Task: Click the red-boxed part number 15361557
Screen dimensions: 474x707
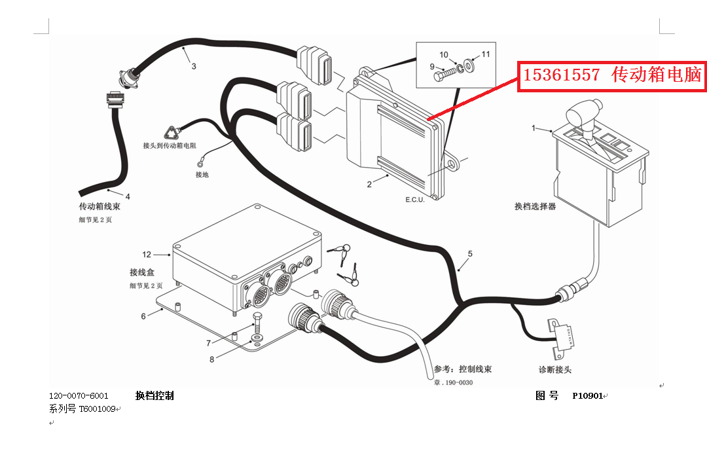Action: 562,75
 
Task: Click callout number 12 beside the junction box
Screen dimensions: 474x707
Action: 147,254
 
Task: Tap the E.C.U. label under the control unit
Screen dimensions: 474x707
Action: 415,200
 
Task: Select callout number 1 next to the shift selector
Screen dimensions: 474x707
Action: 534,128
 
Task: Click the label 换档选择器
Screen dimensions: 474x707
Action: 535,206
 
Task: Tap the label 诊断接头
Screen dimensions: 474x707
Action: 555,370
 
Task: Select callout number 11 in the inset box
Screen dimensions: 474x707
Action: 486,54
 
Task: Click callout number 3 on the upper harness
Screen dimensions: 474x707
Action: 194,66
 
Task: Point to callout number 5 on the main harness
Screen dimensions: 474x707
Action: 470,253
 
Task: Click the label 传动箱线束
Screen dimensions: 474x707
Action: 100,206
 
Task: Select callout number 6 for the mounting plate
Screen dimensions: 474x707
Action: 143,316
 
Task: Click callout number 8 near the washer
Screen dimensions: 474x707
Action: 212,359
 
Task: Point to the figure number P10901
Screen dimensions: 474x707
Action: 587,396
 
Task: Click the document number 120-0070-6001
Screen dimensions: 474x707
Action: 79,396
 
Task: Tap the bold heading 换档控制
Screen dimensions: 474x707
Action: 154,396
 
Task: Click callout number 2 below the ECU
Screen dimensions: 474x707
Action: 369,185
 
